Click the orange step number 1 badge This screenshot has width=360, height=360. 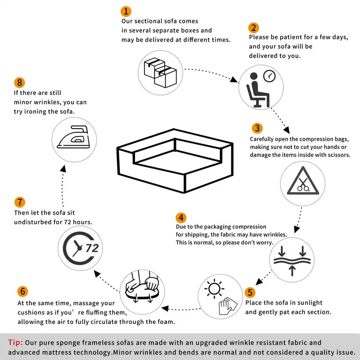pyautogui.click(x=126, y=11)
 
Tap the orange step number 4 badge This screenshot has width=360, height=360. pyautogui.click(x=180, y=218)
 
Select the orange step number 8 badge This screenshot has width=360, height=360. pyautogui.click(x=19, y=83)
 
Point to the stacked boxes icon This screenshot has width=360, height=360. pyautogui.click(x=160, y=72)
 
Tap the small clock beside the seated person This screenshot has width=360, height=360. pyautogui.click(x=269, y=75)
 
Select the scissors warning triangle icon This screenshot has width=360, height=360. pyautogui.click(x=302, y=184)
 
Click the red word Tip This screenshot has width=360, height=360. pyautogui.click(x=15, y=343)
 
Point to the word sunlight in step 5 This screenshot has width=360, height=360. pyautogui.click(x=308, y=303)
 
